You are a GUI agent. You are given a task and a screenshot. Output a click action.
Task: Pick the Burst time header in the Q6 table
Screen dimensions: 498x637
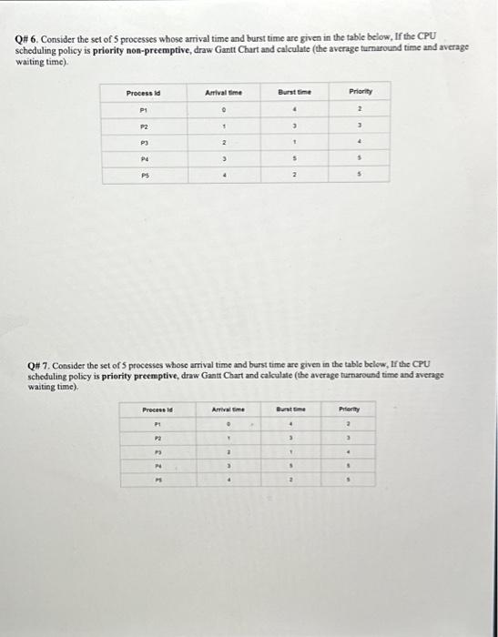(x=295, y=92)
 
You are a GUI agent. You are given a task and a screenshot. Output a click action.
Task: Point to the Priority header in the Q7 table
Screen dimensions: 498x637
(x=349, y=410)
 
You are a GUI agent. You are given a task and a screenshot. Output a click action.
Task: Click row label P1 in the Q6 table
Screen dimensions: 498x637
(x=144, y=109)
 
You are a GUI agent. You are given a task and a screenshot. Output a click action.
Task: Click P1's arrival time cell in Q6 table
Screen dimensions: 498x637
(x=223, y=109)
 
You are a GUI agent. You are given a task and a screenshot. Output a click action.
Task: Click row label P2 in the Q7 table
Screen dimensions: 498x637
(x=157, y=438)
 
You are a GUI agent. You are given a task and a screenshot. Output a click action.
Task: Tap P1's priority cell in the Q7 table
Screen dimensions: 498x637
(x=349, y=424)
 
